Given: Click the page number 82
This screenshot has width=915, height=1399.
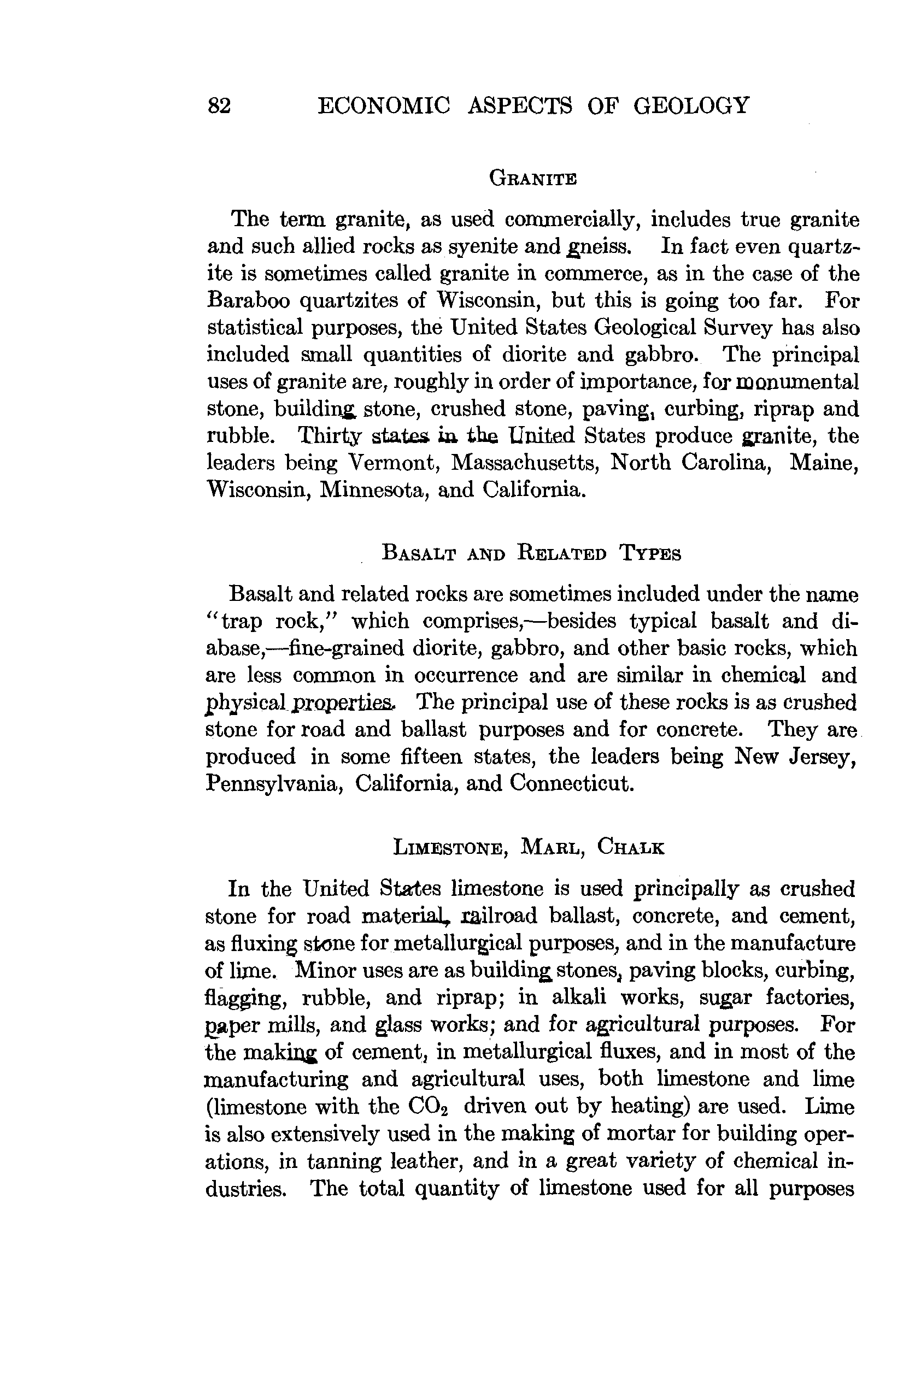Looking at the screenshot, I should (219, 106).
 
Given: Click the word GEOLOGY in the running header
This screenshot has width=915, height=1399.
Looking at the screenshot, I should (691, 105).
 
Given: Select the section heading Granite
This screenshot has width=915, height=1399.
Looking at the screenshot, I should (533, 178).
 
